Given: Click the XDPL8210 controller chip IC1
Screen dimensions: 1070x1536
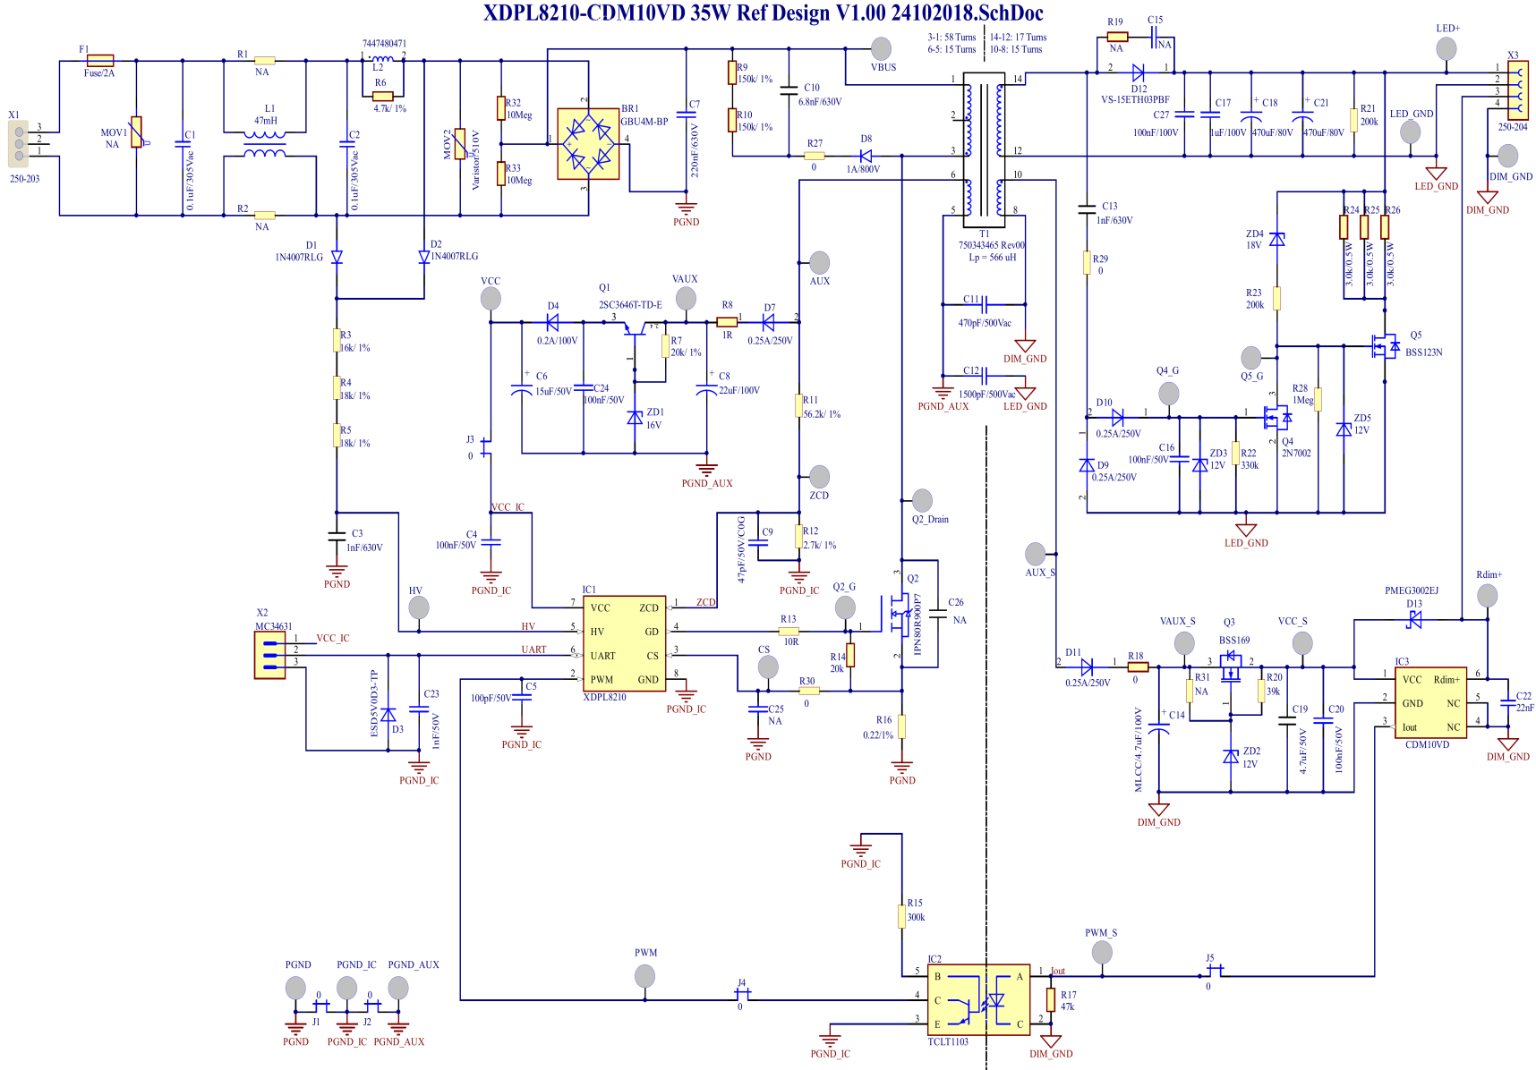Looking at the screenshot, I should (x=624, y=643).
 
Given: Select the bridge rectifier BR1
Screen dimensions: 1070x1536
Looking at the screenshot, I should (x=588, y=144).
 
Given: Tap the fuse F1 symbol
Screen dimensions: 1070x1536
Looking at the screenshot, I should (x=99, y=61).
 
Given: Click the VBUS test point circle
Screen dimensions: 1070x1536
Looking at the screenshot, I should (x=882, y=48).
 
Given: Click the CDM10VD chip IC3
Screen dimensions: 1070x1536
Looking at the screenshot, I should (x=1430, y=702).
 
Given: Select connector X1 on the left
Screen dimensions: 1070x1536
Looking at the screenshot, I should (x=19, y=144).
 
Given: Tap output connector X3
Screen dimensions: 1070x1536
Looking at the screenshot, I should (x=1518, y=90).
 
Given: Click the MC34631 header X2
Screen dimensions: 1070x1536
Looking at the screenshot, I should (x=269, y=655).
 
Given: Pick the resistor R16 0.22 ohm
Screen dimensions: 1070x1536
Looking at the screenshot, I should (x=901, y=726).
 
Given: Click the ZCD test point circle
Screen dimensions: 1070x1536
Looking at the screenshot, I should (x=819, y=476).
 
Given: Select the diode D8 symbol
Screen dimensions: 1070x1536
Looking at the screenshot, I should (x=866, y=156).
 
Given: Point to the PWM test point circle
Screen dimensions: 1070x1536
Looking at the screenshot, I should (x=644, y=975).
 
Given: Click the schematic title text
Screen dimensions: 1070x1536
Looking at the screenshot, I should (x=763, y=13).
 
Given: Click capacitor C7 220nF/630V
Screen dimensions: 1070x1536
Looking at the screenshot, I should (x=687, y=115).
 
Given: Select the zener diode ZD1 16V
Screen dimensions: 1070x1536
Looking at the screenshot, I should (x=635, y=417).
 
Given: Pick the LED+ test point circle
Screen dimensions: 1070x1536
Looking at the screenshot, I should (x=1446, y=48).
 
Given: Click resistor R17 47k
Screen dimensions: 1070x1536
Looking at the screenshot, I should (x=1051, y=999).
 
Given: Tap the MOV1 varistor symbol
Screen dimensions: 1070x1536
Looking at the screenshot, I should (x=136, y=132).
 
